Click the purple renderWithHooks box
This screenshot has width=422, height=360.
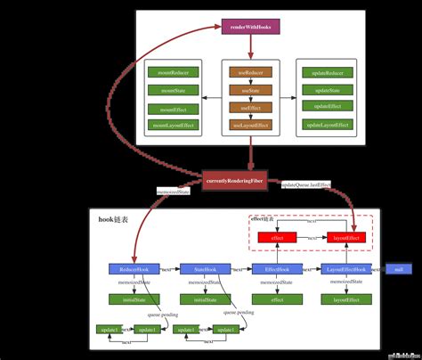coord(250,28)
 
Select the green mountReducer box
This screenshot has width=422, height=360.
coord(173,72)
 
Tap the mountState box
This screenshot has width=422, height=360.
coord(173,90)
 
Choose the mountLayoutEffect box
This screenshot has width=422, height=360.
coord(173,127)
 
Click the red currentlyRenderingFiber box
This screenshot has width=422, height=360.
coord(234,181)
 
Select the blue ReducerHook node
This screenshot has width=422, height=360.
coord(134,268)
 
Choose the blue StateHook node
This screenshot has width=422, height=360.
coord(206,268)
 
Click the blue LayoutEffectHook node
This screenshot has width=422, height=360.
coord(345,268)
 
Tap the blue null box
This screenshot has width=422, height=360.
coord(398,268)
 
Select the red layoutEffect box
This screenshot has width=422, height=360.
coord(345,238)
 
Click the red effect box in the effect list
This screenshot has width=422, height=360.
coord(277,238)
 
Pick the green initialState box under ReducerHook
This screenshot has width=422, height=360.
coord(134,299)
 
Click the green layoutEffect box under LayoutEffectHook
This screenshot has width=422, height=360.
coord(345,299)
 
